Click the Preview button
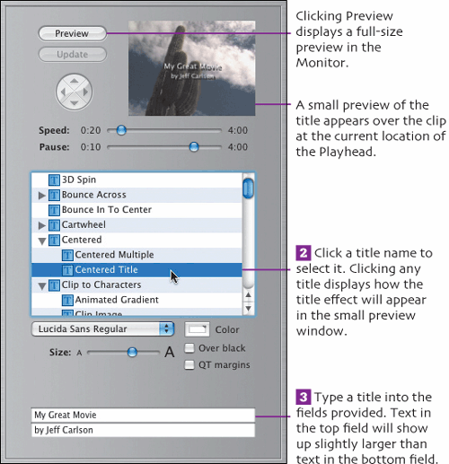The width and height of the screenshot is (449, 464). click(x=72, y=33)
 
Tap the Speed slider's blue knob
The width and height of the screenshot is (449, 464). click(x=121, y=130)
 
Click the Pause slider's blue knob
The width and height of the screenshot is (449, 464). click(x=194, y=147)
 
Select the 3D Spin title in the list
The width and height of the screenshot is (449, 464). click(x=79, y=179)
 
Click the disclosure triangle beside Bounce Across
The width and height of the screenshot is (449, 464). click(x=42, y=196)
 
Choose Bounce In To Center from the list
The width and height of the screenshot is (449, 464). click(x=107, y=210)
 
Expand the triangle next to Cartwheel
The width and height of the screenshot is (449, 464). click(x=42, y=225)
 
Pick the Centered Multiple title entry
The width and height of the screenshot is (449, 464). click(x=114, y=255)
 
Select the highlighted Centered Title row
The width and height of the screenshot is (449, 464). click(x=136, y=270)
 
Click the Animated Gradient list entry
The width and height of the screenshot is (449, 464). click(x=117, y=300)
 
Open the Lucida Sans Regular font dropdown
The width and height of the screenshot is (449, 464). click(x=103, y=329)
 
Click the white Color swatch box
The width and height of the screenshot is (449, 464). click(x=197, y=329)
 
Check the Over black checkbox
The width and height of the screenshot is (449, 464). click(x=189, y=348)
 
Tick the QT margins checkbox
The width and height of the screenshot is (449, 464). click(x=189, y=365)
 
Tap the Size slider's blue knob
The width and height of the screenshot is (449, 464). click(x=132, y=352)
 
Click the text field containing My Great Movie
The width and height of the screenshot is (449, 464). click(x=143, y=415)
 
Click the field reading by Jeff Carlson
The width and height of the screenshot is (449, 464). click(x=143, y=430)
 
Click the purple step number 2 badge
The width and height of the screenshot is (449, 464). click(x=304, y=253)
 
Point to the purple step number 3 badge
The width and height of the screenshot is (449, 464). click(x=304, y=397)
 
